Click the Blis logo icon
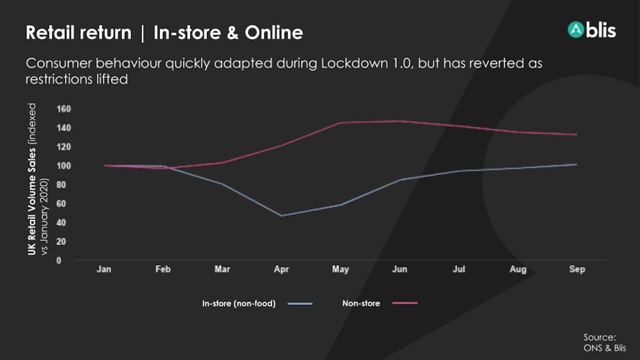tap(575, 29)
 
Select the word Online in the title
tap(273, 32)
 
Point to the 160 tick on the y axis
tap(63, 109)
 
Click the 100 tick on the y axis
tap(63, 165)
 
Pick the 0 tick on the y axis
tap(59, 260)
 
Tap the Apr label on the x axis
tap(281, 269)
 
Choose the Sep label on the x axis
tap(577, 269)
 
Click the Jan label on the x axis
tap(104, 269)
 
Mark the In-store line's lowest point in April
tap(282, 215)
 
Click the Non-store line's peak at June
tap(400, 121)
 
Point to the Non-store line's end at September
tap(576, 134)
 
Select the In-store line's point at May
tap(341, 205)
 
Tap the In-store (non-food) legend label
tap(239, 303)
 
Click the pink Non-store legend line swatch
tap(405, 303)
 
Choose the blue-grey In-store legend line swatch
tap(300, 303)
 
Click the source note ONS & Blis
tap(604, 348)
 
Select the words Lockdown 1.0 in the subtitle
tap(367, 63)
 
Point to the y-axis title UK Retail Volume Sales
tap(31, 201)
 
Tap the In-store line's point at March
tap(222, 183)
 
